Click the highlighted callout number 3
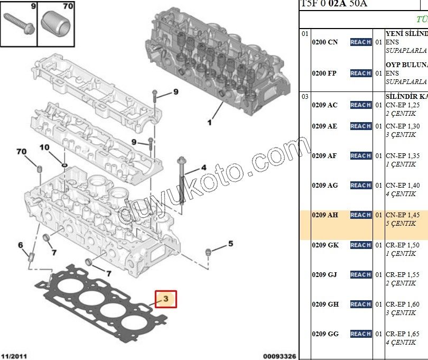pyautogui.click(x=165, y=299)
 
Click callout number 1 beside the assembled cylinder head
pyautogui.click(x=209, y=123)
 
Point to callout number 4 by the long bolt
pyautogui.click(x=203, y=169)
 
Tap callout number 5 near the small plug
pyautogui.click(x=230, y=244)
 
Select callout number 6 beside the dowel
pyautogui.click(x=21, y=245)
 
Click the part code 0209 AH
pyautogui.click(x=324, y=215)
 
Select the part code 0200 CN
pyautogui.click(x=324, y=42)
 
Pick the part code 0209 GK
pyautogui.click(x=325, y=245)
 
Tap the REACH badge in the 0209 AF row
pyautogui.click(x=360, y=156)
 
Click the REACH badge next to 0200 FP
pyautogui.click(x=360, y=73)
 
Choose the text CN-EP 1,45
pyautogui.click(x=403, y=215)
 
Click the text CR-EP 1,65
pyautogui.click(x=403, y=334)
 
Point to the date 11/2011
pyautogui.click(x=14, y=356)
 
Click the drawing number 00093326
pyautogui.click(x=280, y=356)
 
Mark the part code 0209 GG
pyautogui.click(x=325, y=334)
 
